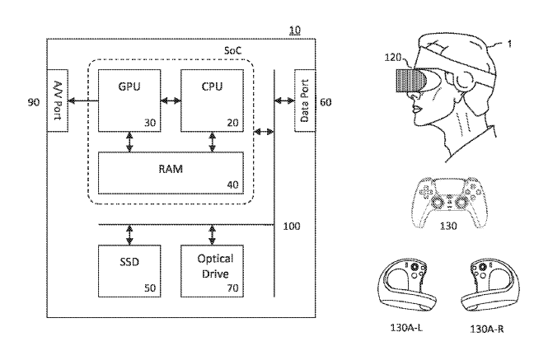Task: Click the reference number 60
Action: tap(328, 101)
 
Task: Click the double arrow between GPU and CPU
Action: tap(171, 101)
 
